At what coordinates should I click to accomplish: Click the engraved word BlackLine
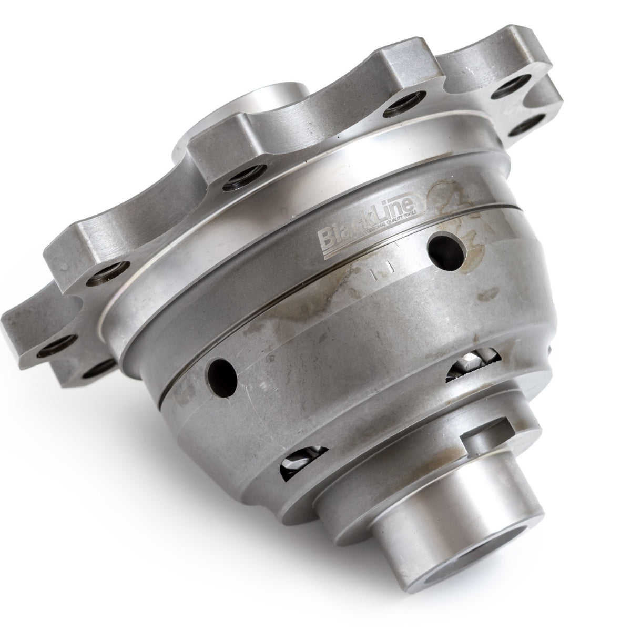[368, 230]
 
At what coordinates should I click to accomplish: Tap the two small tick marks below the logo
[379, 273]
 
